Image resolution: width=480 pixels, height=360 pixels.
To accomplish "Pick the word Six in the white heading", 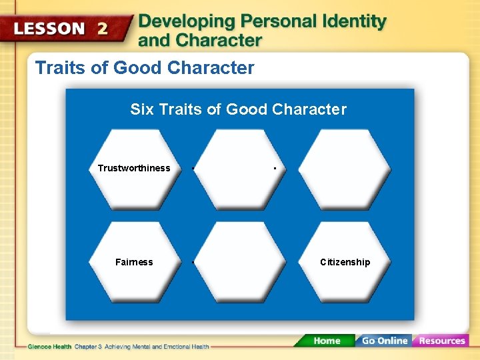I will point(141,109).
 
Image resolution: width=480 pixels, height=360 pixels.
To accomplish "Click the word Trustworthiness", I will point(134,168).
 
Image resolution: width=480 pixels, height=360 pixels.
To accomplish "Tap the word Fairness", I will point(134,262).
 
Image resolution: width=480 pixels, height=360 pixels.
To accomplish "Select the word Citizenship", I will point(345,262).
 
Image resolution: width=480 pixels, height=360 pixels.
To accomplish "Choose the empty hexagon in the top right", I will point(345,169).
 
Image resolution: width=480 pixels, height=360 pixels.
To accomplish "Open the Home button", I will point(327,341).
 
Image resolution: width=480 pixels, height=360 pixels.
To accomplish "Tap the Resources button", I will point(441,341).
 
